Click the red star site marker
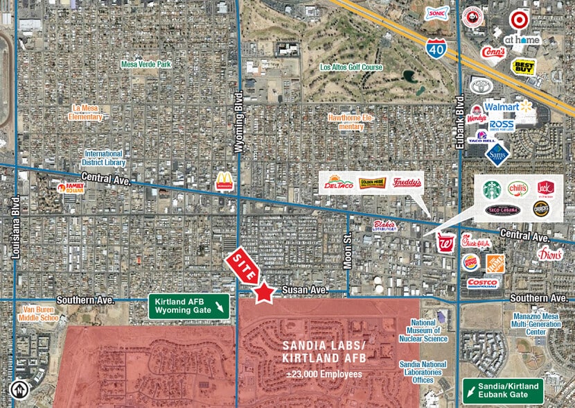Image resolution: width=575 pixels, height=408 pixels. coord(263,293)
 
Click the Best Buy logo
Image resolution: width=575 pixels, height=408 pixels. coord(524,67)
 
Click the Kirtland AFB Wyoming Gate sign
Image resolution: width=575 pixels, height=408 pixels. coord(189,307)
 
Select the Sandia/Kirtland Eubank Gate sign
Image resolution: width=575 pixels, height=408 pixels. coord(503,390)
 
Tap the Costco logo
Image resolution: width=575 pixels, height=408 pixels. coord(483,283)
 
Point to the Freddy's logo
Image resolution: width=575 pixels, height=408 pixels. coord(406,182)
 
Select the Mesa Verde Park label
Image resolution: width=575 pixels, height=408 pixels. coord(145,64)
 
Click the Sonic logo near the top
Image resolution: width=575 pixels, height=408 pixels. coord(436,13)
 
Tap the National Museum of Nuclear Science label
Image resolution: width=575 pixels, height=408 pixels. coord(423,330)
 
